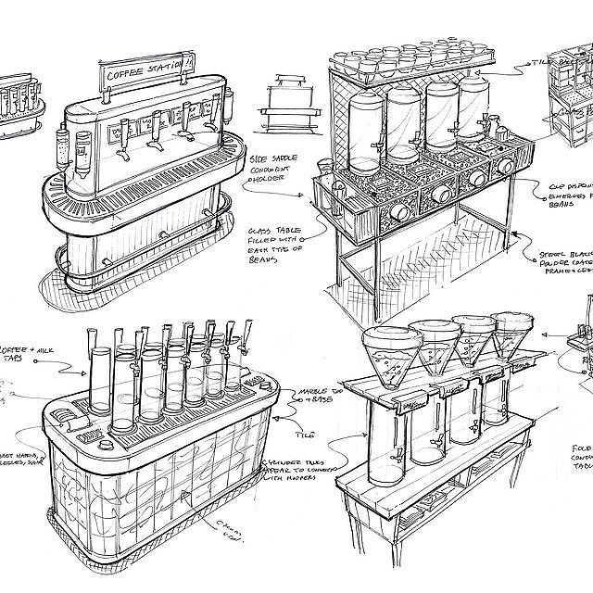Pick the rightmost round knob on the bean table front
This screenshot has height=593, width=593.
pyautogui.click(x=506, y=166)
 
